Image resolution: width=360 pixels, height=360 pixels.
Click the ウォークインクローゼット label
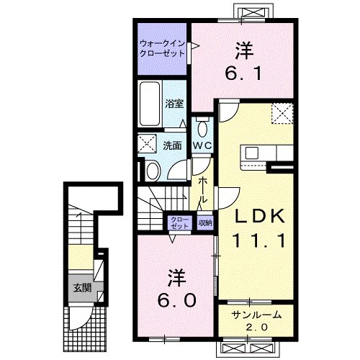coord(162,48)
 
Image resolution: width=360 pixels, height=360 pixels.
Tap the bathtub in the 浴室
coord(150,104)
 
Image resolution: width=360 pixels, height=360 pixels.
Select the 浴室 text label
coord(174,104)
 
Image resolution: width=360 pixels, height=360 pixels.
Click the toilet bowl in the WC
coord(203,129)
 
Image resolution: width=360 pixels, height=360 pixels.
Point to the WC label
coord(202,145)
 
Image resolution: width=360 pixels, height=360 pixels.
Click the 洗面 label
coord(172,145)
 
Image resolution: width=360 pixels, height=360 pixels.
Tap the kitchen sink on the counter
coord(252,153)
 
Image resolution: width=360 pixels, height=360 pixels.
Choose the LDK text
coord(260,216)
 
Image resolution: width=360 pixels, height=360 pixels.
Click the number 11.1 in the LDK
coord(259,240)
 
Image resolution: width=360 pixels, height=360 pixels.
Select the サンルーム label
coord(256,315)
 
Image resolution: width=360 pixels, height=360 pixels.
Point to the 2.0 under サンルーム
coord(257,327)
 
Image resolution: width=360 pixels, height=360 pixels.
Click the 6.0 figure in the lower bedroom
coord(177,300)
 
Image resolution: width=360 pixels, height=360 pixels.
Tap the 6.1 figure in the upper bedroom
coord(243,73)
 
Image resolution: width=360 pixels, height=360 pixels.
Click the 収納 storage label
coord(205,222)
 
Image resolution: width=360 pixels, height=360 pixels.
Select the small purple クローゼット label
coord(180,223)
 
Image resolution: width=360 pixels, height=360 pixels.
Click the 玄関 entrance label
coord(82,287)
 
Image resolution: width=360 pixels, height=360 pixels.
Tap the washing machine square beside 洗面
coord(147,143)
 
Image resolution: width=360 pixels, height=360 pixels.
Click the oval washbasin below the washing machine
coord(153,171)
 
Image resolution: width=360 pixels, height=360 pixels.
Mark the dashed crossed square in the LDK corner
coord(282,114)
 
